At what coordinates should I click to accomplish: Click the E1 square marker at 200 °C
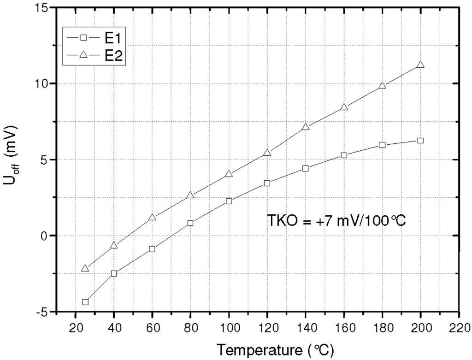point(420,140)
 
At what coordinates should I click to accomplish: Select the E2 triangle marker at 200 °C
point(420,65)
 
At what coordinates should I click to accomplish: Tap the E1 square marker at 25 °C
point(85,302)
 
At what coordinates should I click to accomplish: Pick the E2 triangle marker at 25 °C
point(85,268)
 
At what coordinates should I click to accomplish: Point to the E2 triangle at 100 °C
point(229,174)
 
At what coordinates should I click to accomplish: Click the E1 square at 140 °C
point(305,168)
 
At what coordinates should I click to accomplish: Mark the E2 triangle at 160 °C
point(344,107)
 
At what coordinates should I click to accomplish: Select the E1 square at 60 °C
point(152,249)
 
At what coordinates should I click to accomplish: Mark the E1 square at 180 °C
point(382,145)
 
